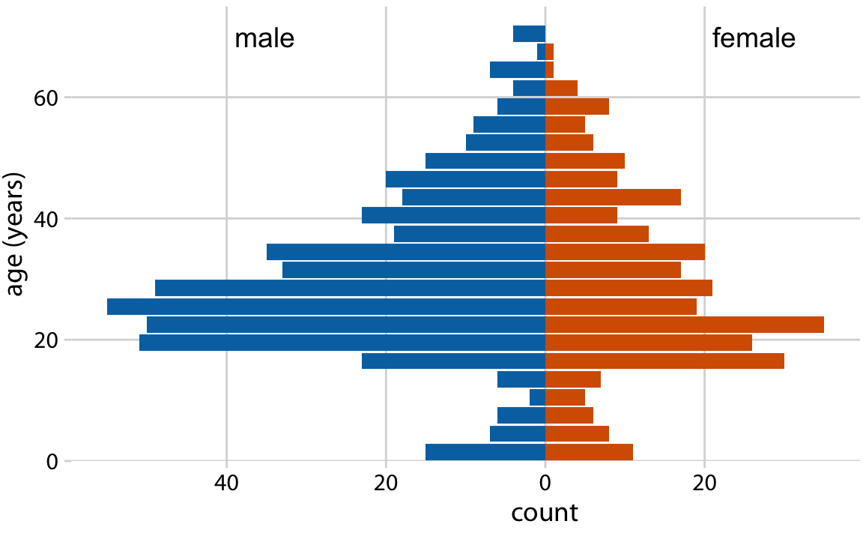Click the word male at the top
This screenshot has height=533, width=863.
click(264, 39)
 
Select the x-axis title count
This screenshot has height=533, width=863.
click(545, 513)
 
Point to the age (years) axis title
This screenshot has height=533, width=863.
click(16, 234)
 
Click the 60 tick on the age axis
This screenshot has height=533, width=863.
click(47, 97)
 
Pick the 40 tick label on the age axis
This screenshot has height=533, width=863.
click(47, 219)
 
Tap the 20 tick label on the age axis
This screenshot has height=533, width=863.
click(47, 340)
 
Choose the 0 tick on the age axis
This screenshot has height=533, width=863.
click(52, 462)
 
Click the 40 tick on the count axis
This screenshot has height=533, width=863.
click(226, 483)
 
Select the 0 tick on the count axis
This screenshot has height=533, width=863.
click(545, 483)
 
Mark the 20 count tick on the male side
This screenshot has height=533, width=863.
click(386, 483)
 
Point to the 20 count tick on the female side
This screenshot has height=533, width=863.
click(704, 483)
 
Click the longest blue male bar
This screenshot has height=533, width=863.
click(326, 307)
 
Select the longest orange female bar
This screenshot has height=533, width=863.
click(684, 325)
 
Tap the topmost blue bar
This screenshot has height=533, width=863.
click(529, 34)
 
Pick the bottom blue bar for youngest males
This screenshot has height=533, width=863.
click(485, 452)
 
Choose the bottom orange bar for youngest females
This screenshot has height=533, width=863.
click(589, 452)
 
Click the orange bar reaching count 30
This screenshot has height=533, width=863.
click(664, 361)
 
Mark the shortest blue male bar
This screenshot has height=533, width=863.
click(541, 52)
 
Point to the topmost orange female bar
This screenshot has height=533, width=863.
click(549, 52)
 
